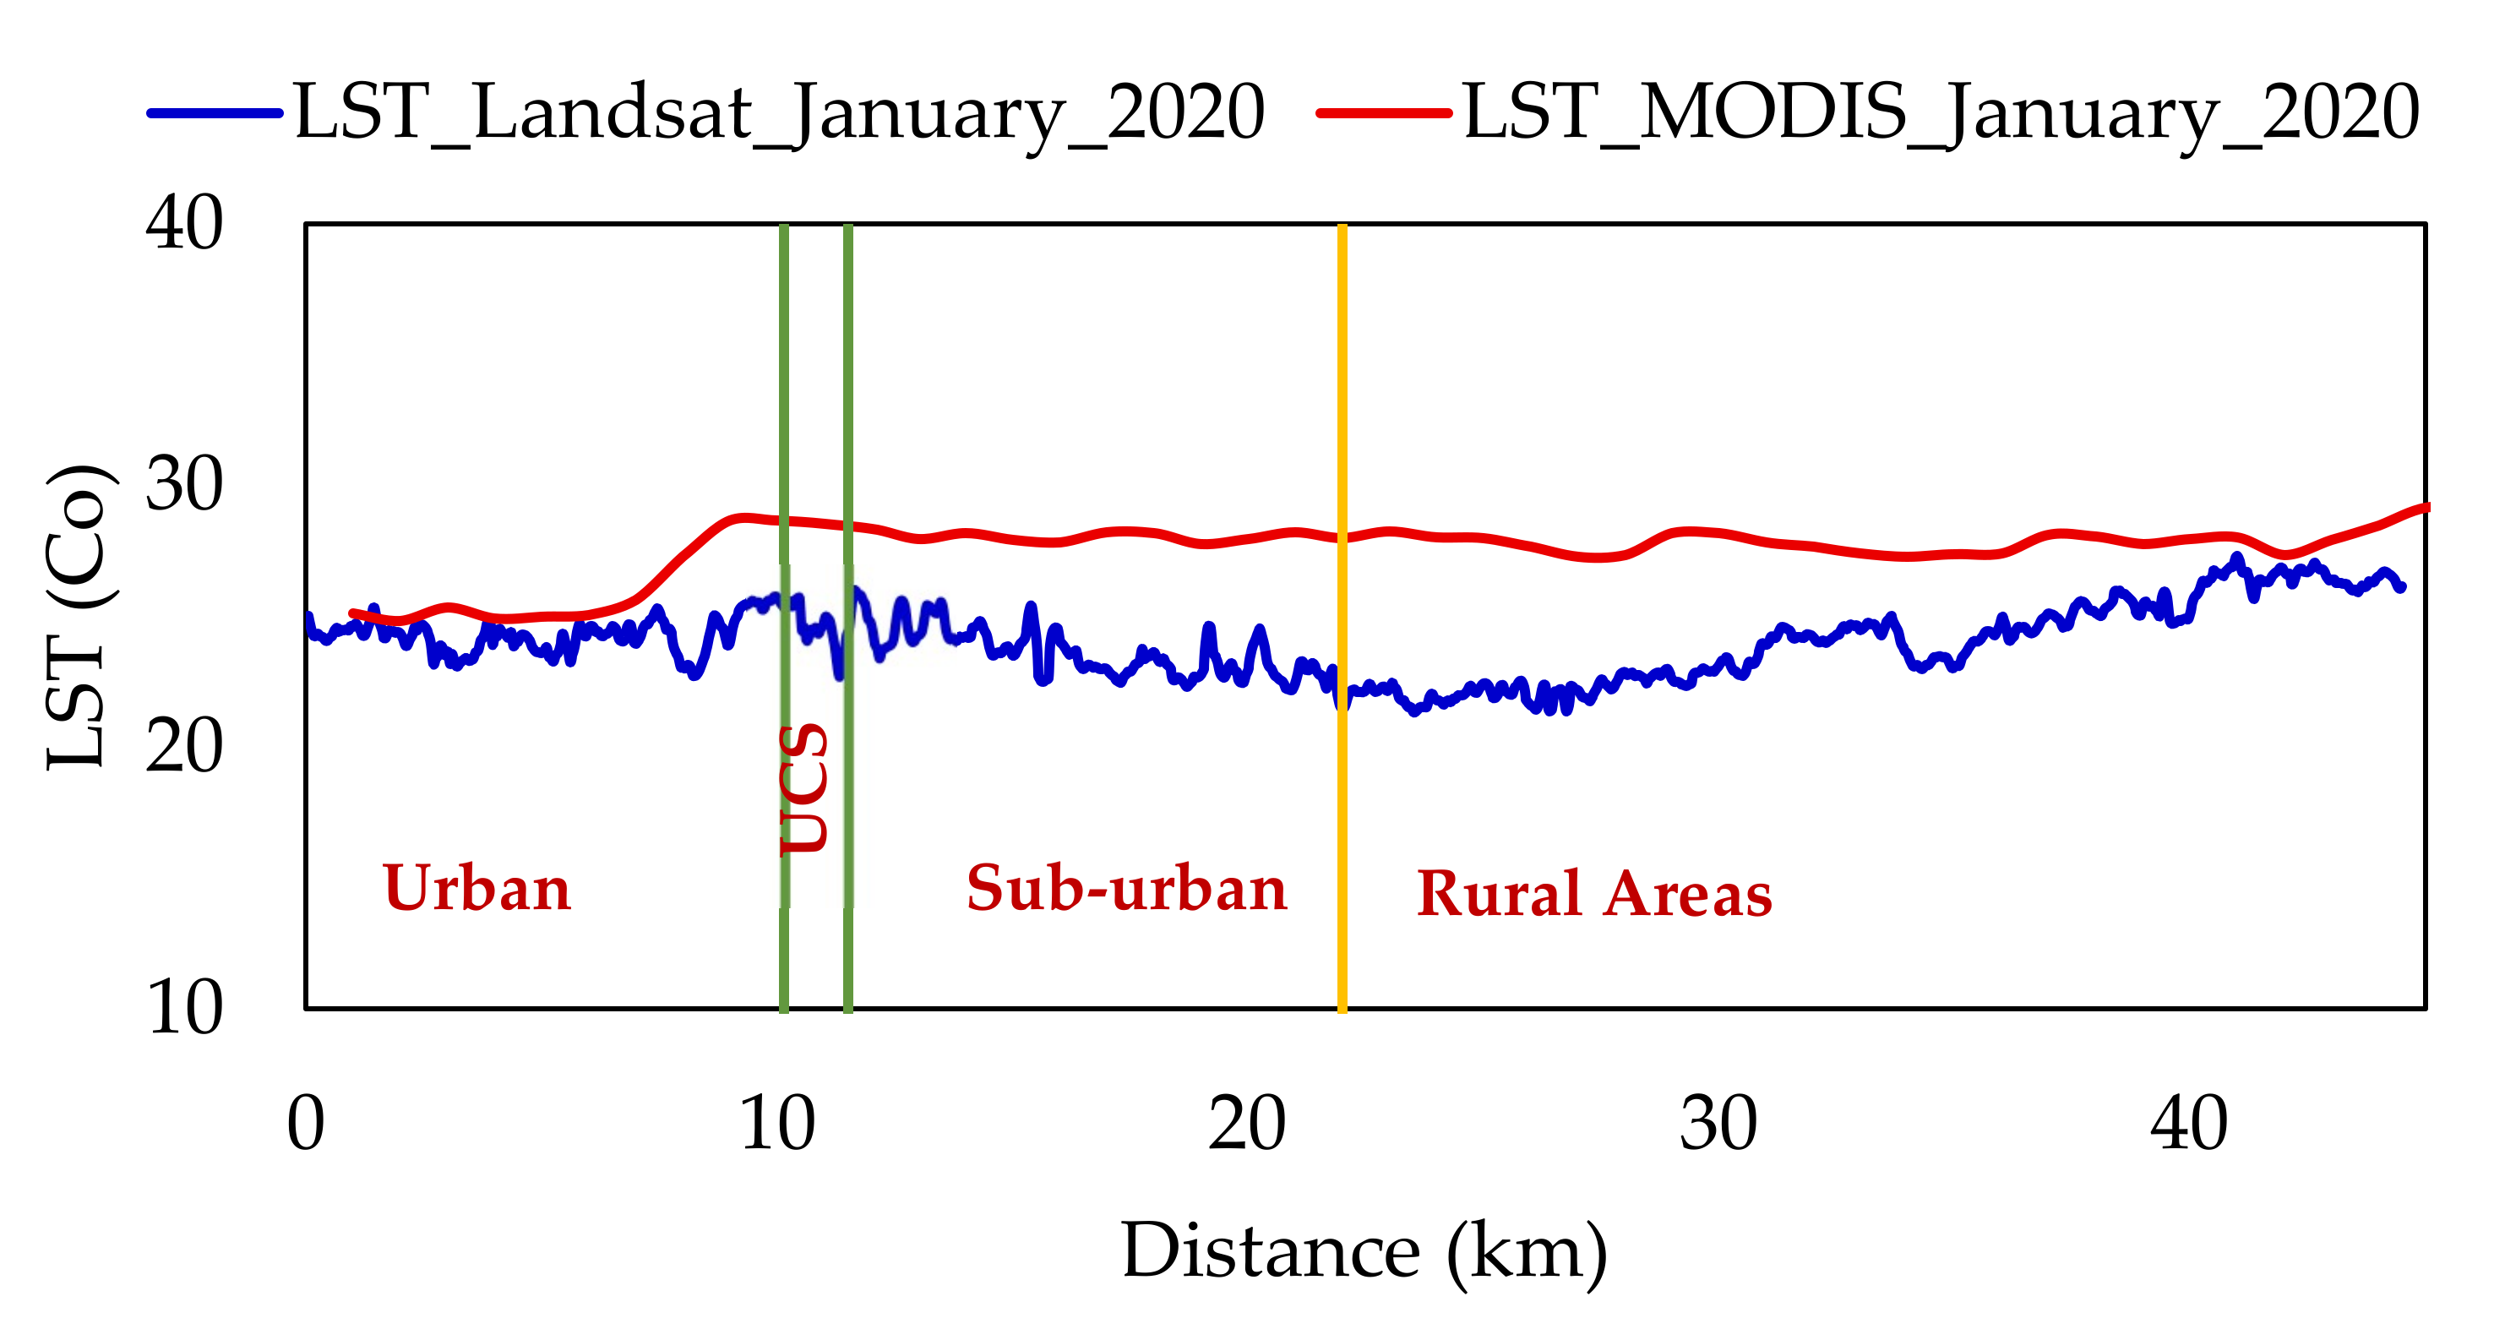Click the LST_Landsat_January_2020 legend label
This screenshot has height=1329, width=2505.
(x=778, y=112)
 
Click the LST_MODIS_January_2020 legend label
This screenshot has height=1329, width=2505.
(x=1941, y=112)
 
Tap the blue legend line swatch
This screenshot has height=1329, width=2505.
(x=215, y=112)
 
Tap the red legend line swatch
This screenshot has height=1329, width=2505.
(x=1383, y=112)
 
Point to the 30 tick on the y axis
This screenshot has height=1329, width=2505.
(x=184, y=484)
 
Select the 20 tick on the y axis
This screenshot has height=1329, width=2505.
(x=184, y=747)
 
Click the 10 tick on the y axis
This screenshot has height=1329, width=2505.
(x=184, y=1008)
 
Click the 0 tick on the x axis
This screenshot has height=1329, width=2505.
(x=305, y=1125)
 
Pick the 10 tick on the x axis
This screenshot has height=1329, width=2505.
(x=777, y=1125)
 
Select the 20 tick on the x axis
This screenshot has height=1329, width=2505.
(x=1247, y=1125)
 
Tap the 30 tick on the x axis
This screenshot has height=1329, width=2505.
(x=1718, y=1125)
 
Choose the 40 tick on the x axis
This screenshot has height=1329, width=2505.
(x=2188, y=1125)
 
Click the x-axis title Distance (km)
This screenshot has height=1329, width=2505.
(x=1364, y=1252)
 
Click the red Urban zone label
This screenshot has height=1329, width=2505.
(x=476, y=889)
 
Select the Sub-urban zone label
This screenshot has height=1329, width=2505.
(x=1126, y=889)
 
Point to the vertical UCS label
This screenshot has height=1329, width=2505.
(x=805, y=788)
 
